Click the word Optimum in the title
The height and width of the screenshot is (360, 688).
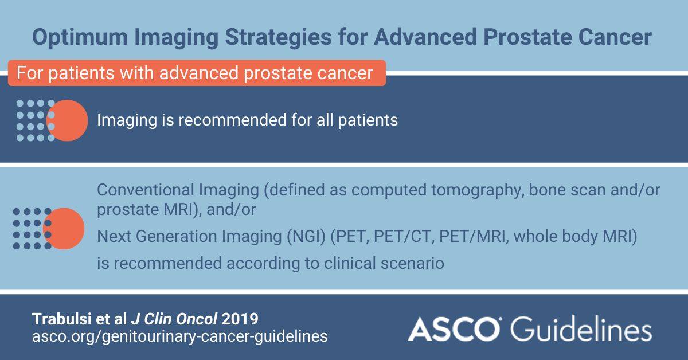pyautogui.click(x=80, y=37)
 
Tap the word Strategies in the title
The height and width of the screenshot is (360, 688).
pyautogui.click(x=278, y=37)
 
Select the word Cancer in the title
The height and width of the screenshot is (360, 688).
pyautogui.click(x=615, y=37)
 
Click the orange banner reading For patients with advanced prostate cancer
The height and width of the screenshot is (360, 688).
pyautogui.click(x=197, y=73)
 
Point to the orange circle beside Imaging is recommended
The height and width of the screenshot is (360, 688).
pyautogui.click(x=68, y=120)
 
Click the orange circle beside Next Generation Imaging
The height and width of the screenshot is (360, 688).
pyautogui.click(x=64, y=229)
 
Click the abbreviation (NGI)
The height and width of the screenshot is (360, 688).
pyautogui.click(x=306, y=237)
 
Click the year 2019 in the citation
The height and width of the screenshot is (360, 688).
pyautogui.click(x=240, y=319)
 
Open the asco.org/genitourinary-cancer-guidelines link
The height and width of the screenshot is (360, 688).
pyautogui.click(x=179, y=336)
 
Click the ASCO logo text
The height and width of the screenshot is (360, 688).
pyautogui.click(x=454, y=328)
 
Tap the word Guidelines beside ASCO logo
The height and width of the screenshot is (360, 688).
pyautogui.click(x=581, y=328)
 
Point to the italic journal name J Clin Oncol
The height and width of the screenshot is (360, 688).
pyautogui.click(x=174, y=319)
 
